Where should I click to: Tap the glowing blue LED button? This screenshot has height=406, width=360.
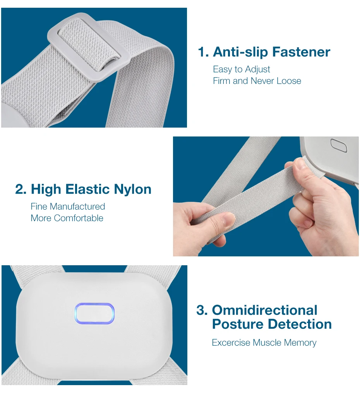pos(94,313)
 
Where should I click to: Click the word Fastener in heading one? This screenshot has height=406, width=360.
pos(301,52)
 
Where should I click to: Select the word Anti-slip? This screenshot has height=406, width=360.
pos(240,52)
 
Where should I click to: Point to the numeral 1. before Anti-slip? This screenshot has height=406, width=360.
pos(203,52)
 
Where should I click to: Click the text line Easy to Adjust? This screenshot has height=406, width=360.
pos(242,69)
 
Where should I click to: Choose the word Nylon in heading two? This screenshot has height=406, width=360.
pos(132,189)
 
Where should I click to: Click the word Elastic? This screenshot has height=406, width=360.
pos(88,189)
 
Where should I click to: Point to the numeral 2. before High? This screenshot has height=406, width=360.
pos(21,189)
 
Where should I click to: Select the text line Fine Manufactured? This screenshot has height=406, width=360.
pos(68,206)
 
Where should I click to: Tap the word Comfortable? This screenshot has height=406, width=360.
pos(79,218)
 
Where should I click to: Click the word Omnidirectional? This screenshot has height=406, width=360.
pos(265,310)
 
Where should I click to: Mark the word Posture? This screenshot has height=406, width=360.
pos(238,324)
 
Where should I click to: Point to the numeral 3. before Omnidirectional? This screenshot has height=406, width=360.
pos(202,310)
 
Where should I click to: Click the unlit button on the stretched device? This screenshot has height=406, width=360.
pos(339,145)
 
